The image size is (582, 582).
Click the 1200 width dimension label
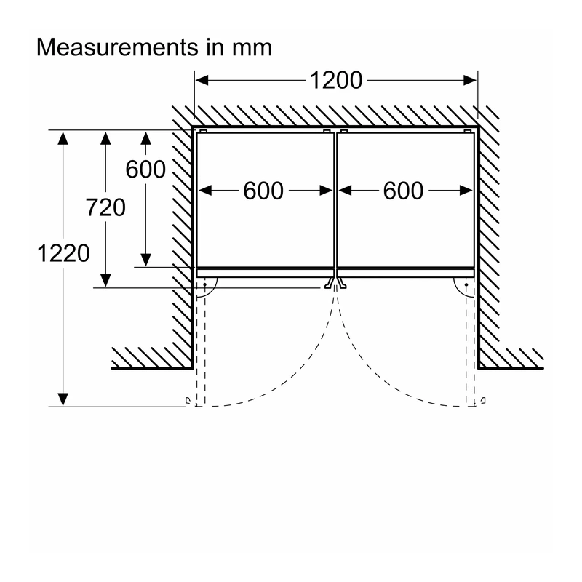(336, 80)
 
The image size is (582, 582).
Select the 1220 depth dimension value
(63, 253)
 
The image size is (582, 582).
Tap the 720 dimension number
(105, 207)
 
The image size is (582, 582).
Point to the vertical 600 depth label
(145, 170)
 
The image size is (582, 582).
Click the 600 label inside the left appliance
(263, 191)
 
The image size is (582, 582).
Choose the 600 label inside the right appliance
(404, 191)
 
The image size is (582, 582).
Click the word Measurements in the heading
(118, 47)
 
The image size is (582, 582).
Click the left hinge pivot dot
(205, 284)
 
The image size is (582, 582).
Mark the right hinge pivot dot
(466, 284)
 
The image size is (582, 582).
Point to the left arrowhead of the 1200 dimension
(202, 80)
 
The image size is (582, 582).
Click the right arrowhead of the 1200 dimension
(470, 80)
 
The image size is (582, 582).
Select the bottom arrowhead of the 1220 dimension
(63, 399)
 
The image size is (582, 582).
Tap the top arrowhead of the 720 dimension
(105, 138)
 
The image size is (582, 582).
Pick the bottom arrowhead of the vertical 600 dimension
(146, 260)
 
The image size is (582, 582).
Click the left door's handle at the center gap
(329, 283)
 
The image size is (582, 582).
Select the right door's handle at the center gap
(342, 283)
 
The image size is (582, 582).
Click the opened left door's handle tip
(188, 401)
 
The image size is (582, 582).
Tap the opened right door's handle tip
(483, 401)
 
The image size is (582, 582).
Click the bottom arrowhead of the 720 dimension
(105, 281)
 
